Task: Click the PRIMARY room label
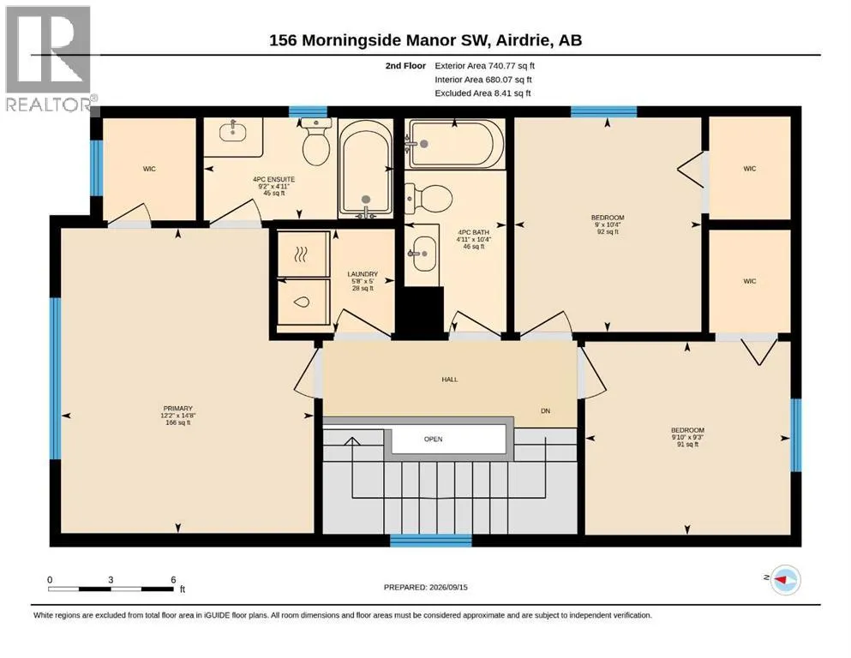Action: click(178, 409)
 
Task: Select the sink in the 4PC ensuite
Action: click(233, 131)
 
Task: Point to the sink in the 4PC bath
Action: click(423, 254)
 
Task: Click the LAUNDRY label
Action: click(363, 274)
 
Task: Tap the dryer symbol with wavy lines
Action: click(301, 254)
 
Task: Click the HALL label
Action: click(449, 380)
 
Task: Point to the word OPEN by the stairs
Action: click(433, 440)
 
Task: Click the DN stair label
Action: click(545, 411)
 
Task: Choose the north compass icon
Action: click(785, 579)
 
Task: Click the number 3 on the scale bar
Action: click(111, 580)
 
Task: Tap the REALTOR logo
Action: click(48, 58)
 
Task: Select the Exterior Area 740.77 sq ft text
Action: click(485, 66)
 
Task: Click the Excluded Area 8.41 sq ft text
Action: click(482, 93)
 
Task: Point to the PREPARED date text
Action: click(425, 587)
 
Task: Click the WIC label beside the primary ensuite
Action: click(149, 170)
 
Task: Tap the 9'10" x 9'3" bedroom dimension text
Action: click(687, 437)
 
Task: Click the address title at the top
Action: click(425, 40)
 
